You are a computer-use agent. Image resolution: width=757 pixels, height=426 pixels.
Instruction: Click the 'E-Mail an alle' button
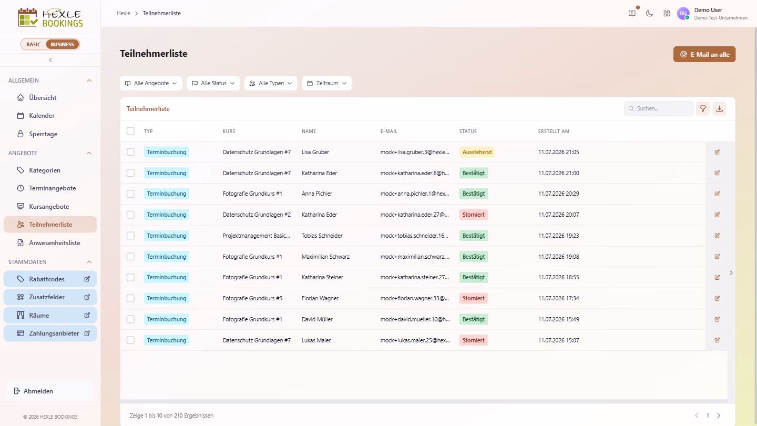click(x=704, y=55)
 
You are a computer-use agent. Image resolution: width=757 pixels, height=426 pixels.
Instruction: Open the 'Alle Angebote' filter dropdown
click(x=151, y=83)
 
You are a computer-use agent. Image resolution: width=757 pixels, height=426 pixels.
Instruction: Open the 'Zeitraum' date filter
click(x=326, y=83)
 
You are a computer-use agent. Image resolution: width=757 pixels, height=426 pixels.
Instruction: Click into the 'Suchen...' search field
click(x=659, y=108)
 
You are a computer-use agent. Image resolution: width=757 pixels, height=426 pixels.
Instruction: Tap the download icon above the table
click(x=720, y=108)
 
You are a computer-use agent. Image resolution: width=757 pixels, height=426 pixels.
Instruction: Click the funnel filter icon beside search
click(x=703, y=108)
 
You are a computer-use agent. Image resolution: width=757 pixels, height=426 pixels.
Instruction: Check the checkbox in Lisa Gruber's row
click(x=130, y=152)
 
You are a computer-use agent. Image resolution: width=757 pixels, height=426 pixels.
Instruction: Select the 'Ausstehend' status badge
click(x=477, y=152)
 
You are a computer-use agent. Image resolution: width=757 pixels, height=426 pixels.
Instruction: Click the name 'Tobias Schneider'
click(x=322, y=236)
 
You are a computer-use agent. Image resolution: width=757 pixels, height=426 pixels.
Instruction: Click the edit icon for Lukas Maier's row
click(x=717, y=340)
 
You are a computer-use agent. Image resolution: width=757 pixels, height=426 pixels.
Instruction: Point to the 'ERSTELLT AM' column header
click(x=554, y=131)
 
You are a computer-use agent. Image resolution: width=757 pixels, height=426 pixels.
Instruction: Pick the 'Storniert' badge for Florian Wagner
click(x=473, y=298)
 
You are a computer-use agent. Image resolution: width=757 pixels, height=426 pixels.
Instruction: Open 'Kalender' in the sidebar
click(x=42, y=116)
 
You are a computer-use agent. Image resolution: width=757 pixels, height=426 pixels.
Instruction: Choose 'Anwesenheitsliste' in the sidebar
click(x=55, y=243)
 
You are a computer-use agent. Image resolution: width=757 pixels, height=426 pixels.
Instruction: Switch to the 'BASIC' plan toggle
click(x=34, y=44)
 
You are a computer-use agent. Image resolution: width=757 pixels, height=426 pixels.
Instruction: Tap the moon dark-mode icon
click(x=649, y=14)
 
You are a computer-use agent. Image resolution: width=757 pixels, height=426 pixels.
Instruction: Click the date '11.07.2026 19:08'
click(x=558, y=257)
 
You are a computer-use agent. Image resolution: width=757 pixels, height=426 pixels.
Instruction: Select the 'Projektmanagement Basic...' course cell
click(x=256, y=236)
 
